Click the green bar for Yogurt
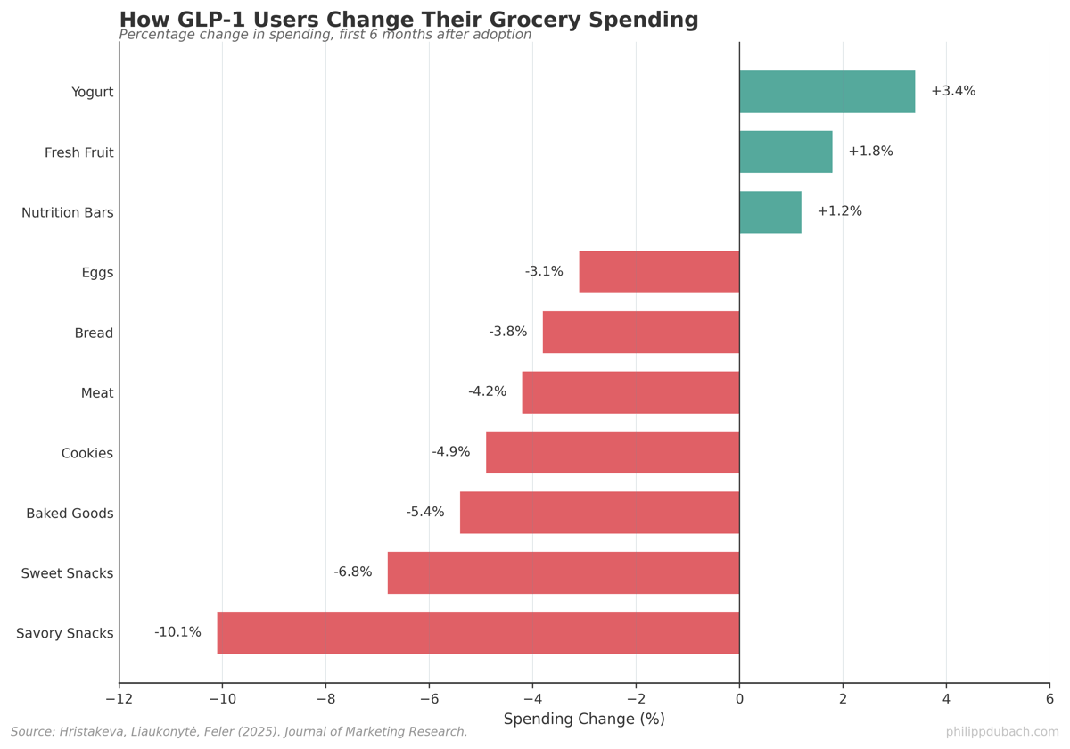[827, 92]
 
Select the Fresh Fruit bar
[786, 152]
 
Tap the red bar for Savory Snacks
[478, 633]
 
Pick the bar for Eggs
[659, 272]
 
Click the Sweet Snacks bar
[564, 572]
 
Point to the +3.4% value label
[953, 91]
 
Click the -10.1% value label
[177, 632]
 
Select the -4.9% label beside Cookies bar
[450, 452]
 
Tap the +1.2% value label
[839, 211]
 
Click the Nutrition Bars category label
[68, 213]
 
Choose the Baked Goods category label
[70, 514]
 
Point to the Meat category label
[97, 393]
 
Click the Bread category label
[94, 333]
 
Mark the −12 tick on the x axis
[119, 699]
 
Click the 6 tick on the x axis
[1049, 699]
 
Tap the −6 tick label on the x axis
[429, 699]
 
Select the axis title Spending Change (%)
[584, 720]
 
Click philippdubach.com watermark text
[1002, 732]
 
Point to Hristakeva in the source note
[91, 732]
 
